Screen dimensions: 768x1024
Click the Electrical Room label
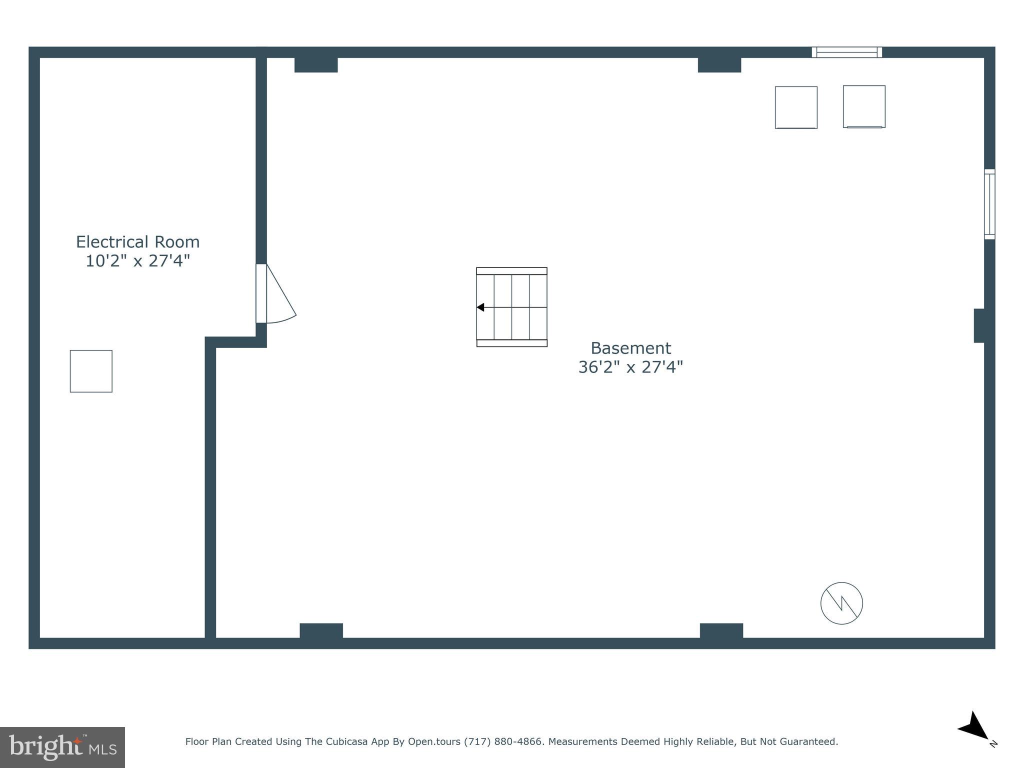(137, 242)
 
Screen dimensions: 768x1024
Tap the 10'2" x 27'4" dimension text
(137, 261)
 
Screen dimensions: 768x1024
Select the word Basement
(630, 348)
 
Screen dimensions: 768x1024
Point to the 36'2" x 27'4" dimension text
(630, 367)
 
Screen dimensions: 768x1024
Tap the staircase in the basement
(511, 307)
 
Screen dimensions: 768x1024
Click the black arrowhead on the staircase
(480, 307)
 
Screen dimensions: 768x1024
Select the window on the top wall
(846, 52)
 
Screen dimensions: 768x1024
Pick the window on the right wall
(989, 204)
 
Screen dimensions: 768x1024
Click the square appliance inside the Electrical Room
(91, 371)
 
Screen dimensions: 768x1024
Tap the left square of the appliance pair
(796, 107)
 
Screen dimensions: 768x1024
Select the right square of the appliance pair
(864, 106)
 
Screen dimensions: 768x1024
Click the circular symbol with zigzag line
(841, 603)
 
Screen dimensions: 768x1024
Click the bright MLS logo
(62, 747)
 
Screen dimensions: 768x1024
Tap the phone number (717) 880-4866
(503, 741)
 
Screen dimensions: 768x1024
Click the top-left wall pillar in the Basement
(315, 65)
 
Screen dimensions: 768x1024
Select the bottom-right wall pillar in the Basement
(721, 630)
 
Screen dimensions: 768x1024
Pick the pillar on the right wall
(979, 325)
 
